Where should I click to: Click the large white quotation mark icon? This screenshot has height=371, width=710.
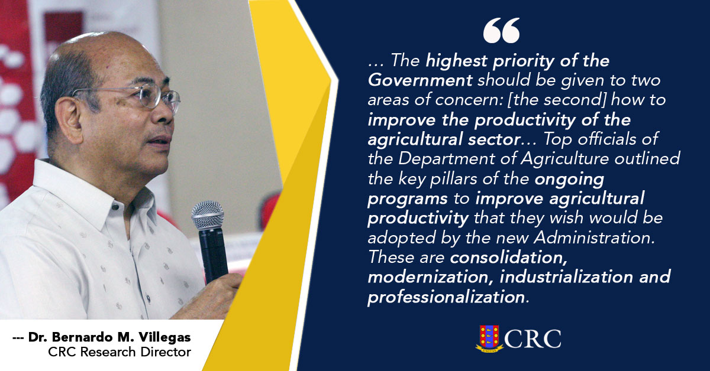coord(501,30)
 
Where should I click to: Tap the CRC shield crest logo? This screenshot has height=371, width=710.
coord(489,339)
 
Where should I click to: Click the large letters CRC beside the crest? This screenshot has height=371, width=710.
coord(532,339)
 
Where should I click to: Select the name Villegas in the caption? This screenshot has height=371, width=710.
coord(164,337)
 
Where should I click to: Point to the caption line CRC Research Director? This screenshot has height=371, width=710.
coord(120,352)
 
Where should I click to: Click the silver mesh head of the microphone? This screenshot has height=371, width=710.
coord(208,215)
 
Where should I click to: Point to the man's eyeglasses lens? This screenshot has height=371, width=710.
coord(150,95)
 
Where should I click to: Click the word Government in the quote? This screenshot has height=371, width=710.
coord(420,80)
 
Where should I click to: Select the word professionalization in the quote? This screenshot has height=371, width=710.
coord(446,297)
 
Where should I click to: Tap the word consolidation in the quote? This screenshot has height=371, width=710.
coord(509,258)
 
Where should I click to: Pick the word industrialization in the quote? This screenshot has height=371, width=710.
coord(566,277)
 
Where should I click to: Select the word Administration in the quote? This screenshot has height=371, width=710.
coord(594,237)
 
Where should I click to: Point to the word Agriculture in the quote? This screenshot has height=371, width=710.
coord(564,160)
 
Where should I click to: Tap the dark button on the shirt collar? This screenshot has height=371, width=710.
coord(115,207)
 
